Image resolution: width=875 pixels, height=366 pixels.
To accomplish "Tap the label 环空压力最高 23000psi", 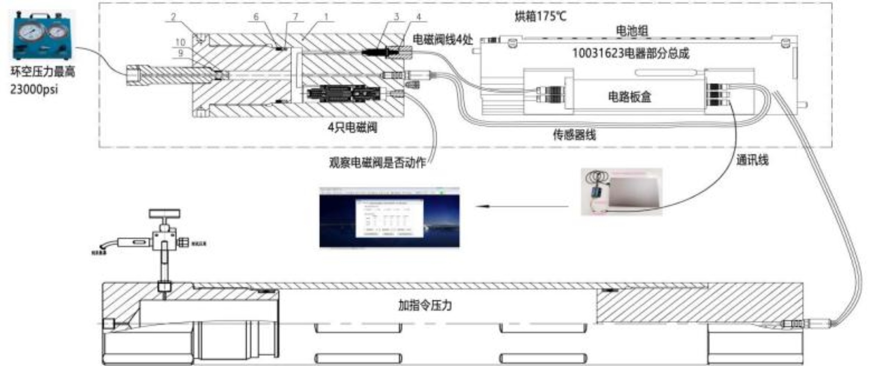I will click(42, 80).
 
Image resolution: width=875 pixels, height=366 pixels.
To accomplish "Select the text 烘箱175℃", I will click(541, 16).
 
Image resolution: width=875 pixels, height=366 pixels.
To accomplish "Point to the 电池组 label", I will click(632, 31).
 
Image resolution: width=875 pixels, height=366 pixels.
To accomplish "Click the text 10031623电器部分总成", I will click(630, 53).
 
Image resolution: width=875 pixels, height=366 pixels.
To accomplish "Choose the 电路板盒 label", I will click(629, 96).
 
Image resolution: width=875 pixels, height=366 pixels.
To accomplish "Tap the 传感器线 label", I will click(574, 135).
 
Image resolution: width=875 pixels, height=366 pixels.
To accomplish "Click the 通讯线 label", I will click(752, 160).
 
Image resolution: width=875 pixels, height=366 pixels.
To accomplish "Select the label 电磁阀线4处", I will click(443, 40).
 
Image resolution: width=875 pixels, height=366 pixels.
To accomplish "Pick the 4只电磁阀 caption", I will click(352, 127).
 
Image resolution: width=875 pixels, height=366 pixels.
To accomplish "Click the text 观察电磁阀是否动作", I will click(377, 163).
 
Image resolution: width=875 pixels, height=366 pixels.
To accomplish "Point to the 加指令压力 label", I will click(425, 305).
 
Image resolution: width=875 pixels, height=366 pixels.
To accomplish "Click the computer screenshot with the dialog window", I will click(389, 217).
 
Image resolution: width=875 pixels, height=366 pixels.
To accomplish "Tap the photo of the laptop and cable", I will click(622, 192).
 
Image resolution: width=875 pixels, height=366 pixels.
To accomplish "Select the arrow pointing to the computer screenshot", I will click(524, 206).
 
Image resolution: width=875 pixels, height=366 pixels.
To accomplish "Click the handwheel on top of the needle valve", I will click(165, 214).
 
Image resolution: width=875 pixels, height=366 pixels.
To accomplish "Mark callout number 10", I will click(180, 43).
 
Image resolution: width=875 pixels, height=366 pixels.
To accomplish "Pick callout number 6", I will click(256, 17).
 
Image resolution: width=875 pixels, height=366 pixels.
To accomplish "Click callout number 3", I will click(396, 17).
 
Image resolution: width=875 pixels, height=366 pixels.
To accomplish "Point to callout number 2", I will click(173, 17).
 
